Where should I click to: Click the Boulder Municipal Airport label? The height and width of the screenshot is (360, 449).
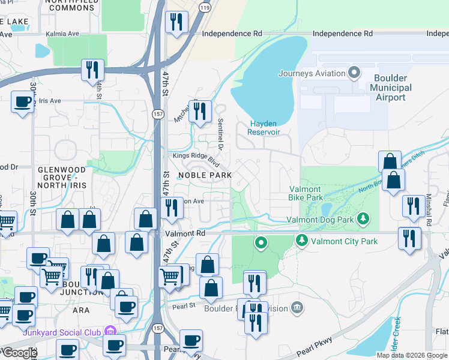391,88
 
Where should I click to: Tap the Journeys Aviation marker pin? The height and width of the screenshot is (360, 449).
354,73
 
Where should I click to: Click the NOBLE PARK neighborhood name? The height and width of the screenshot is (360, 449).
205,175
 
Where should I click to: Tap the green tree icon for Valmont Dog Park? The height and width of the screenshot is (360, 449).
362,219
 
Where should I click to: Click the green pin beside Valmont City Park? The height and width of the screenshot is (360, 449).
301,241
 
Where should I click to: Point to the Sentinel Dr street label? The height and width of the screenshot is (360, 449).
220,135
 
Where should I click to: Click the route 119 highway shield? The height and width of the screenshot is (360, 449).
205,9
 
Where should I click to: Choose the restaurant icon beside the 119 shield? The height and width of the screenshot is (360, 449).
176,23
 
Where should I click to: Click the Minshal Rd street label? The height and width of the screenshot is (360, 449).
429,211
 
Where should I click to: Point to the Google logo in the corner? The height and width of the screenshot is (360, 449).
20,353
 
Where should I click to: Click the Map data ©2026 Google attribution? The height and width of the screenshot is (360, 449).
412,355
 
